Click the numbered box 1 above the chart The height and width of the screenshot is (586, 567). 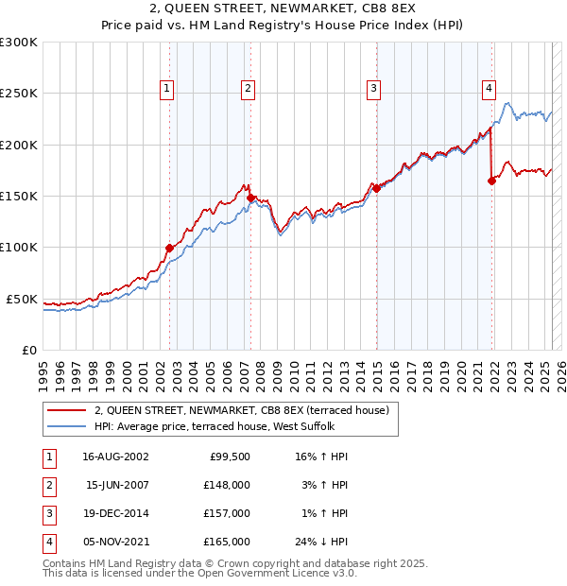[166, 89]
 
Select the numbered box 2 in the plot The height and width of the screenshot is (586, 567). [248, 89]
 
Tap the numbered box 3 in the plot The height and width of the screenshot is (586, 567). [373, 89]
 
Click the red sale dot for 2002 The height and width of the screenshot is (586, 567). [170, 248]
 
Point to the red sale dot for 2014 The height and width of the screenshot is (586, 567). [377, 188]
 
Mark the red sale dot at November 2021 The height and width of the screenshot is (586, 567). [492, 181]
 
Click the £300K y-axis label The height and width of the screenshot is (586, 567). [19, 43]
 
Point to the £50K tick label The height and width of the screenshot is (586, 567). [23, 299]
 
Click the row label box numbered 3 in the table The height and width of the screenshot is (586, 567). [47, 513]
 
